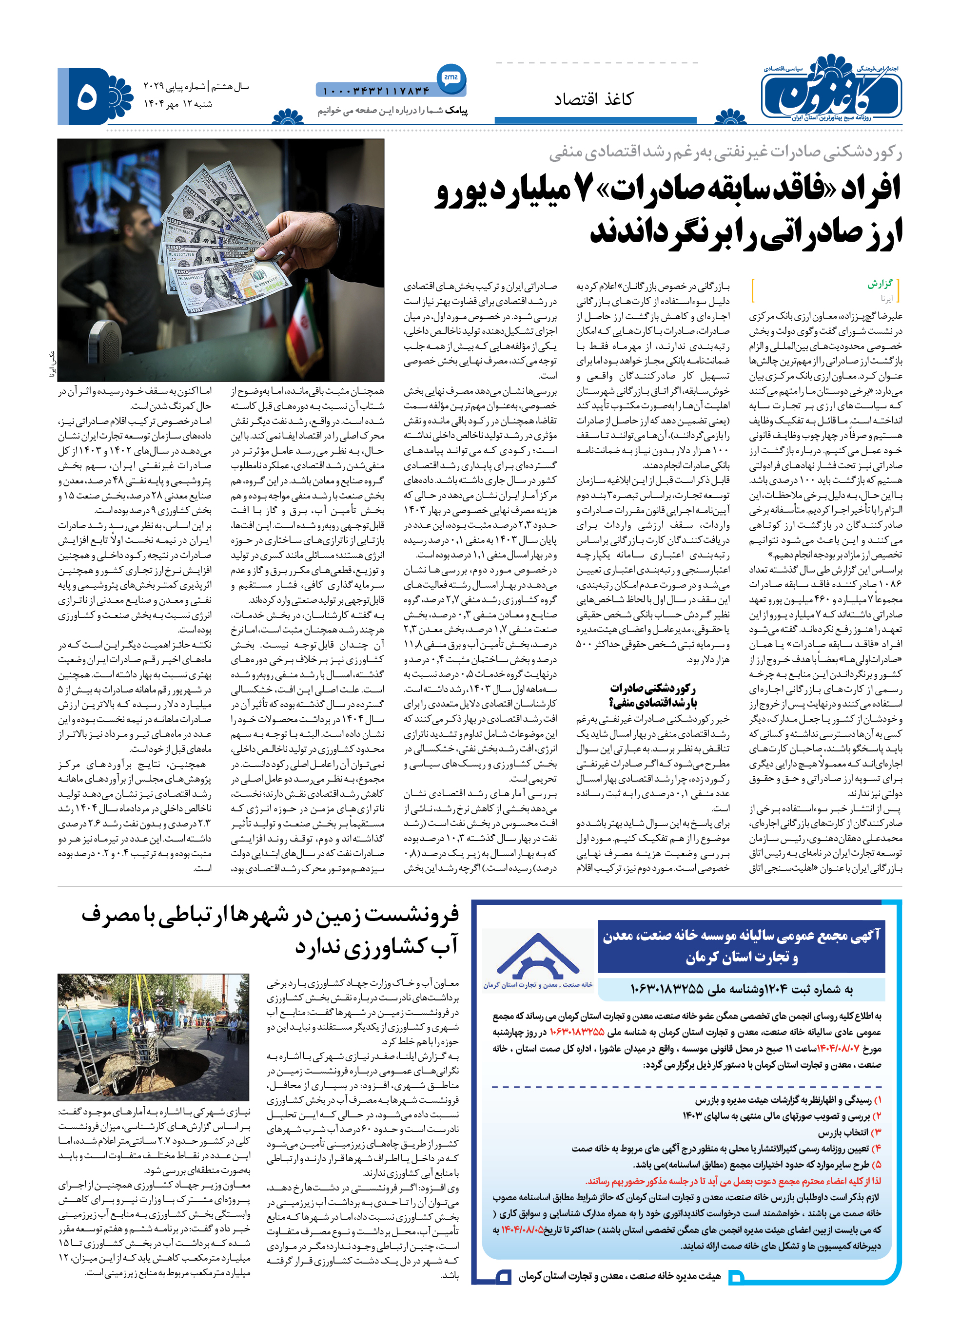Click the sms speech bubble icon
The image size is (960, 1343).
tap(451, 77)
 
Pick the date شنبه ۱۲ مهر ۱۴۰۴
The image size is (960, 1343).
tap(178, 104)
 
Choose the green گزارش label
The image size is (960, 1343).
tap(880, 284)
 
